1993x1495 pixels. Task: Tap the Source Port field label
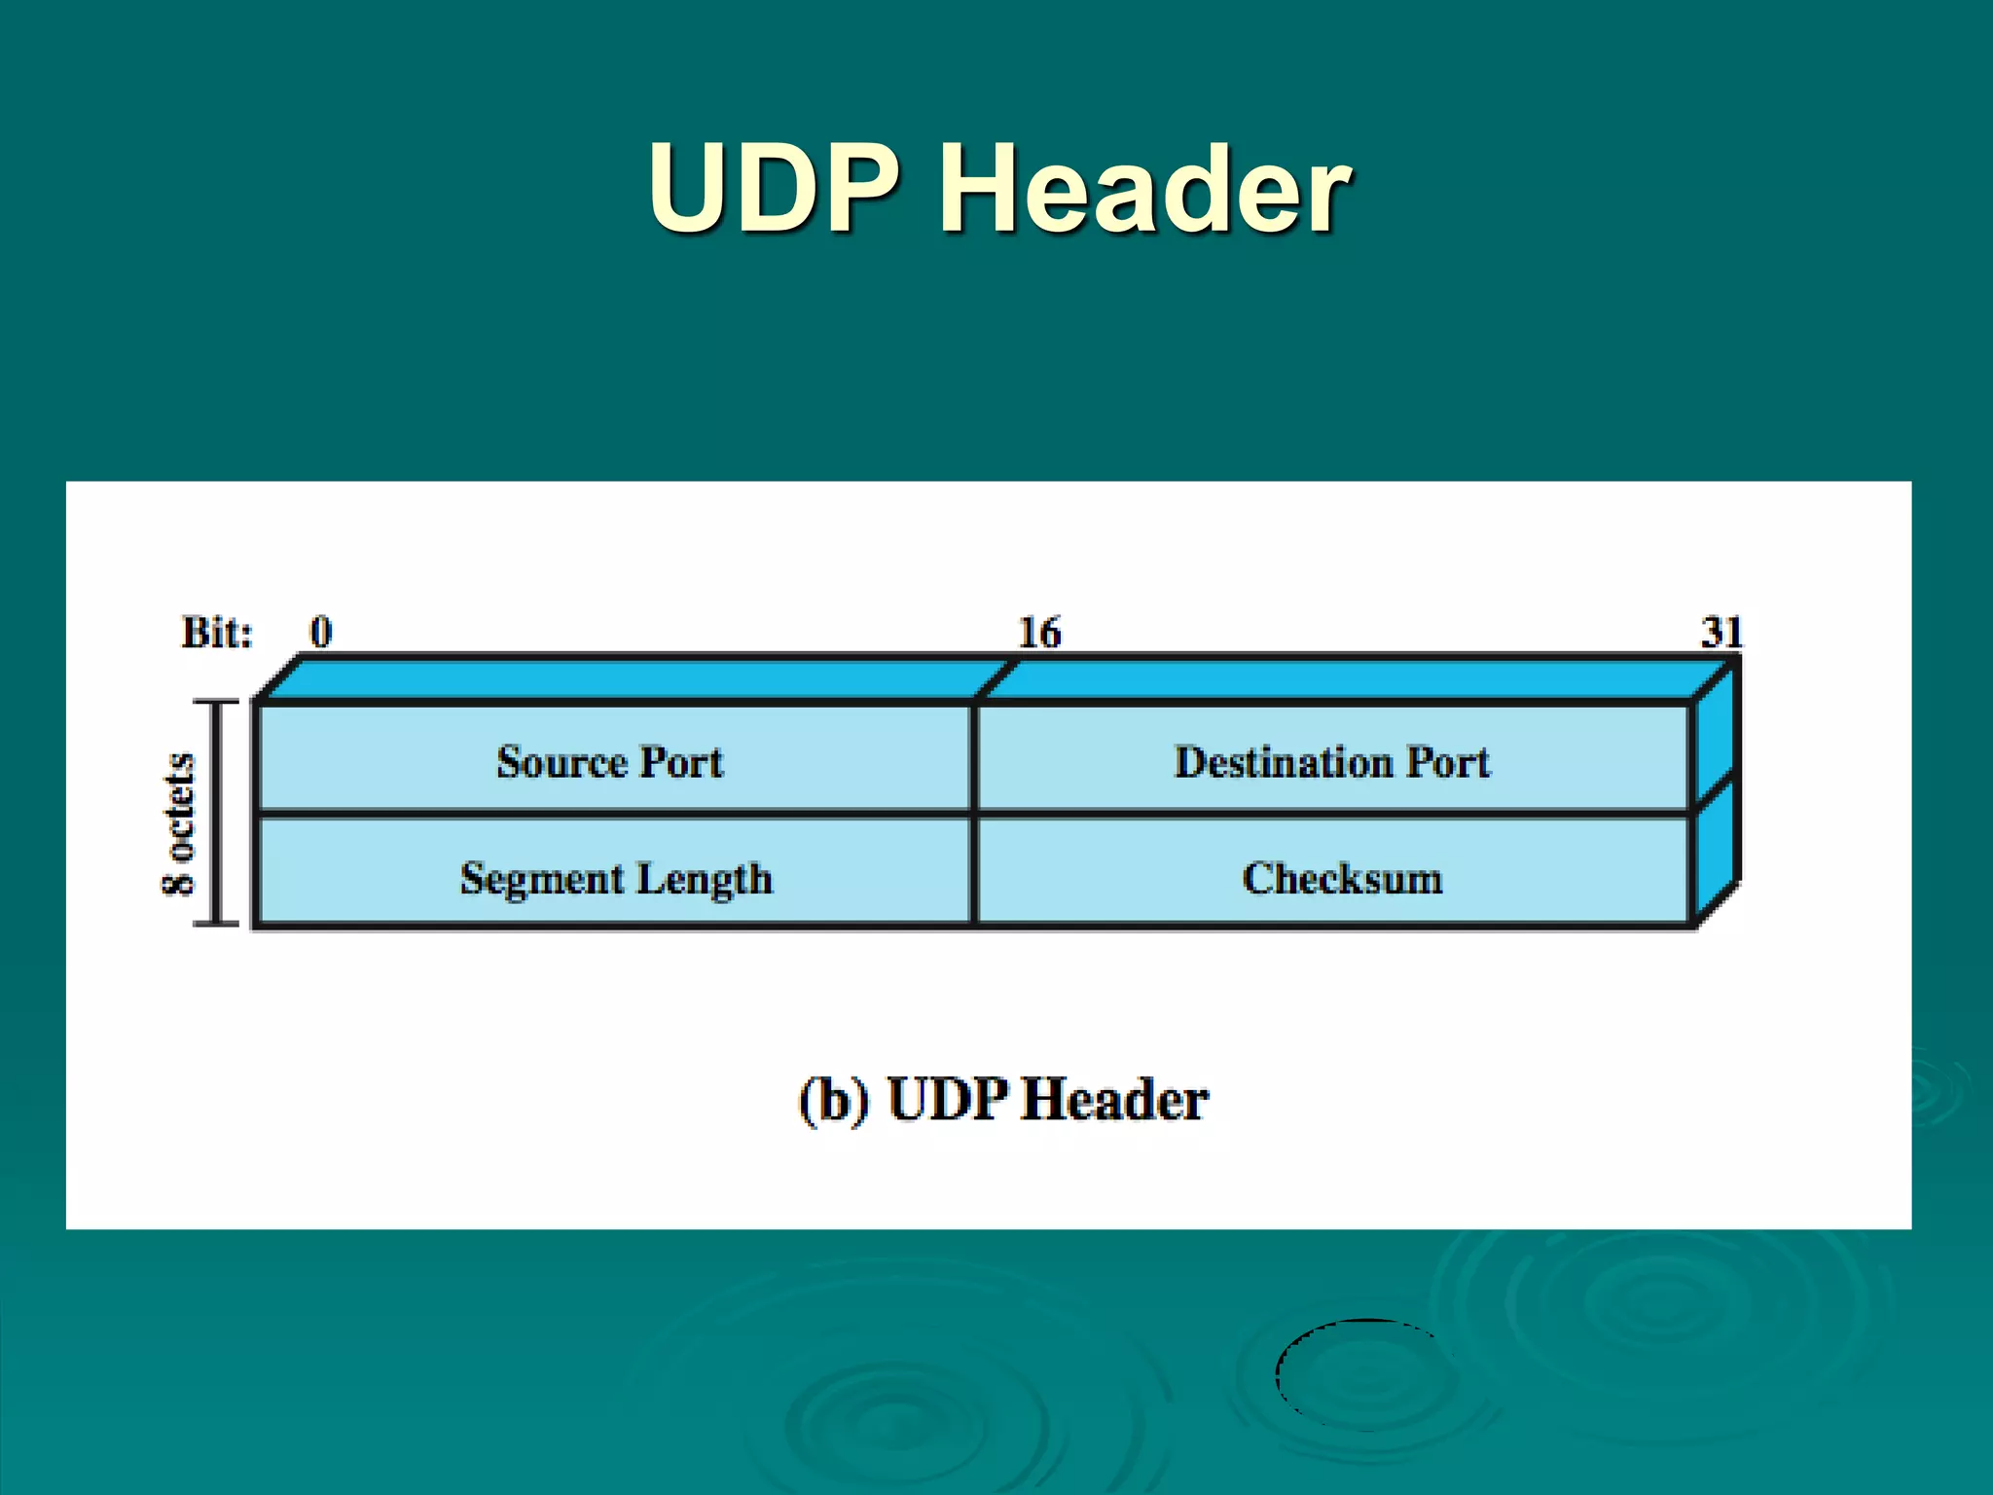pos(609,762)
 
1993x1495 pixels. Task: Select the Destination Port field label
pos(1331,762)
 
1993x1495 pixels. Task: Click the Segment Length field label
pos(616,879)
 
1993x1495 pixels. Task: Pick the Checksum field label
pos(1342,879)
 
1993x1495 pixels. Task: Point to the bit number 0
pos(321,633)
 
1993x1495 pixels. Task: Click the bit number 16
pos(1039,633)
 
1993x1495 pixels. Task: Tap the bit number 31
pos(1721,633)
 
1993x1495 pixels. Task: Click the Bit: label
pos(217,633)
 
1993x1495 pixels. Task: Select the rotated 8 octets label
pos(179,823)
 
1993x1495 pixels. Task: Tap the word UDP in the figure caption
pos(947,1100)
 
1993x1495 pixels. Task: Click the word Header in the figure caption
pos(1115,1100)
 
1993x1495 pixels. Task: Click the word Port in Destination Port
pos(1448,762)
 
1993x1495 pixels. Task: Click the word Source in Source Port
pos(562,762)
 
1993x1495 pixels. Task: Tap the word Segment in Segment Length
pos(541,879)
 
